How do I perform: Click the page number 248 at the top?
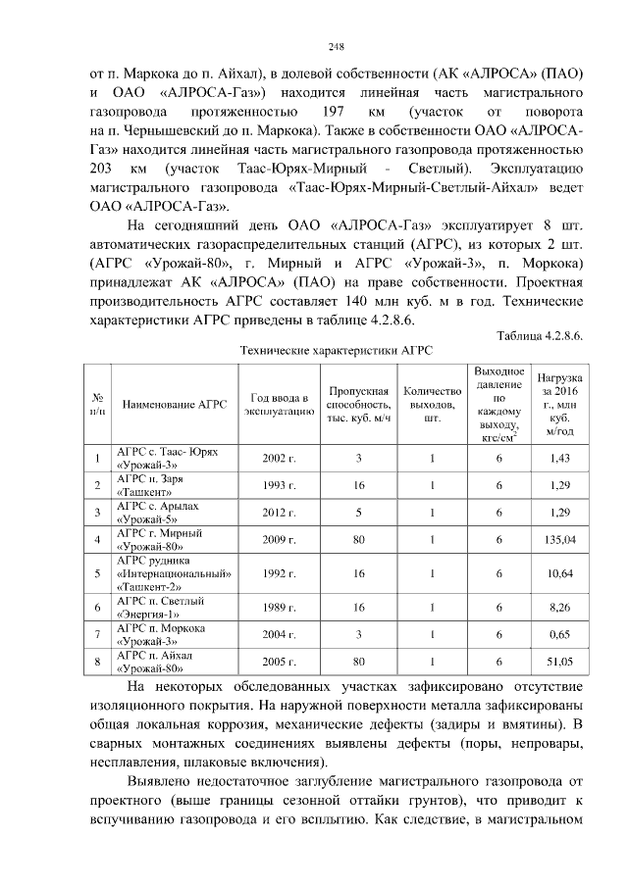tap(336, 46)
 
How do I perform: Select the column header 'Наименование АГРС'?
tap(175, 404)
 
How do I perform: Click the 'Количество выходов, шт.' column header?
tap(431, 404)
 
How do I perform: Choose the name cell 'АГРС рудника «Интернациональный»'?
tap(175, 573)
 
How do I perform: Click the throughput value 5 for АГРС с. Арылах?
tap(358, 512)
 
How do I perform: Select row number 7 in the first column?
tap(98, 635)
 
